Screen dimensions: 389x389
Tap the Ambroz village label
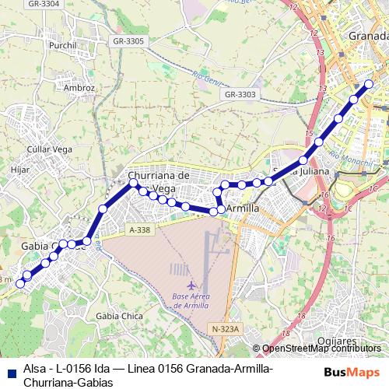80,88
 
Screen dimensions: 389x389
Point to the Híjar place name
20,167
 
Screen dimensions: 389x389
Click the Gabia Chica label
117,316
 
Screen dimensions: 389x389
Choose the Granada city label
368,36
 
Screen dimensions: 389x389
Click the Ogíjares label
337,340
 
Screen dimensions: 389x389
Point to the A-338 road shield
140,230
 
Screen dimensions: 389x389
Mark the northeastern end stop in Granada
369,84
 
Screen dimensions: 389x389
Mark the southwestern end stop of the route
20,283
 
